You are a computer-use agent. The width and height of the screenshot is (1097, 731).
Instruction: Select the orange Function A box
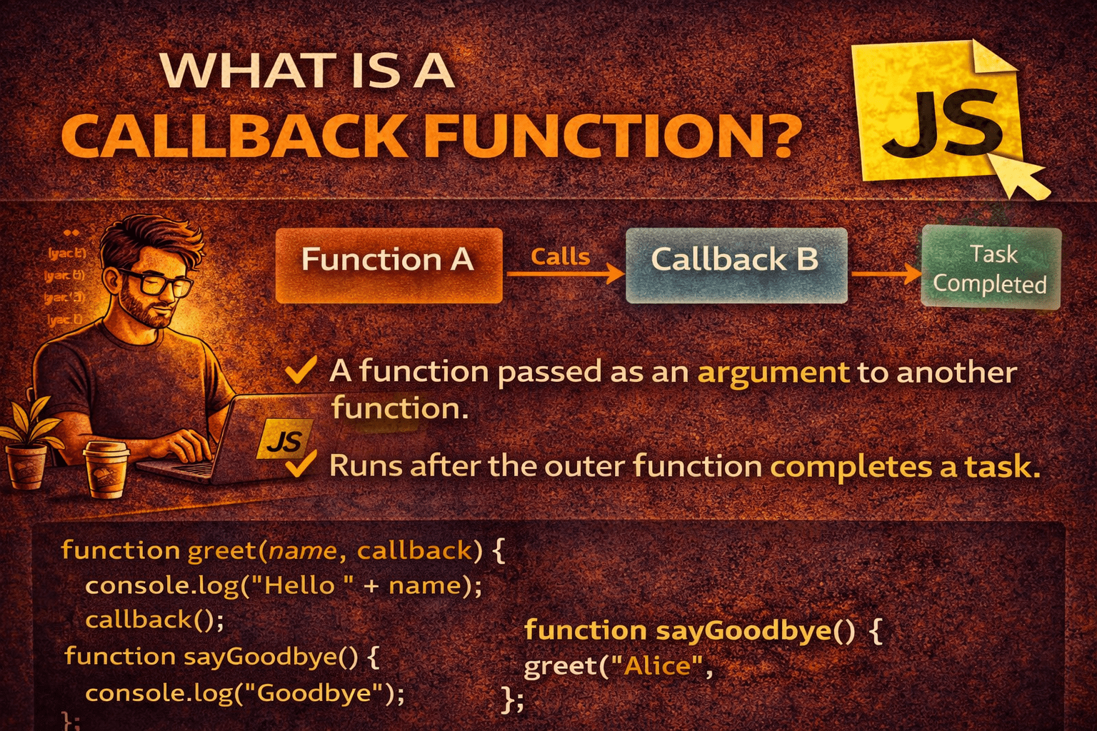389,265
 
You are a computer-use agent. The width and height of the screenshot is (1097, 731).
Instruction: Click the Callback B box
736,265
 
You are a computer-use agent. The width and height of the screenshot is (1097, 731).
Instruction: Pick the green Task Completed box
991,268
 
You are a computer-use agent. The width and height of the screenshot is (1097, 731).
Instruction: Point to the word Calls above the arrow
561,256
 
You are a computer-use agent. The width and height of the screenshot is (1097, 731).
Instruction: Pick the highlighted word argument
773,373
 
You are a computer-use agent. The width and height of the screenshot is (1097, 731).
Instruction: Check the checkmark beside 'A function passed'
300,371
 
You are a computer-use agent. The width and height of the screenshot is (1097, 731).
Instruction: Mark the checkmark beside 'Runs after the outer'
300,465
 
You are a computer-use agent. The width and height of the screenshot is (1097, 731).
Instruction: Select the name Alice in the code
657,666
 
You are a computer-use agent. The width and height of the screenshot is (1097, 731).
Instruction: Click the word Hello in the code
299,585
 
